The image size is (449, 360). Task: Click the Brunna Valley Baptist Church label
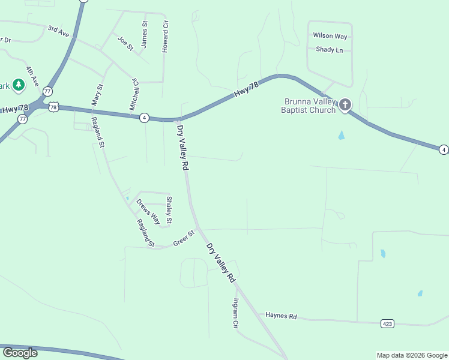[x=309, y=106]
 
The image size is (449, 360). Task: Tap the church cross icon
[x=345, y=105]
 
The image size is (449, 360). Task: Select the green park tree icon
[x=19, y=85]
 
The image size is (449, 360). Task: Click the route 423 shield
[x=388, y=323]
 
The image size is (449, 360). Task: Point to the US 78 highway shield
[x=54, y=107]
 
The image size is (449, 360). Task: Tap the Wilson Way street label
[x=330, y=36]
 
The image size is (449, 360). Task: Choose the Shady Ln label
[x=329, y=50]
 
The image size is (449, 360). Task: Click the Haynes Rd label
[x=281, y=316]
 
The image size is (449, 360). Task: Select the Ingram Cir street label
[x=236, y=313]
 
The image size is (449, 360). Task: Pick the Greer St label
[x=184, y=238]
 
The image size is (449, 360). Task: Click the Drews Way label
[x=148, y=211]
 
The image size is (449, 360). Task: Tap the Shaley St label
[x=169, y=210]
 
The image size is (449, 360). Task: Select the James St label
[x=144, y=34]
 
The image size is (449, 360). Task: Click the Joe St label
[x=125, y=43]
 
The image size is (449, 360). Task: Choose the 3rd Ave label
[x=58, y=31]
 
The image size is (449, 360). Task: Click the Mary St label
[x=97, y=95]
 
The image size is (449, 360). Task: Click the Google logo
[x=20, y=353]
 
